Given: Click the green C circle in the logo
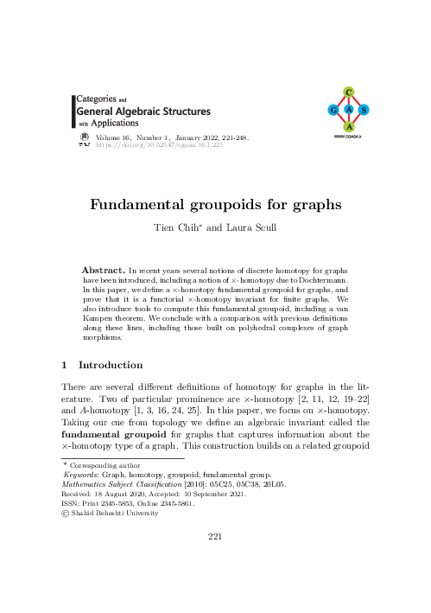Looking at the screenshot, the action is coord(347,92).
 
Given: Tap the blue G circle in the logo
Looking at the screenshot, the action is coord(332,110).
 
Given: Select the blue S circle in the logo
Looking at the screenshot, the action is coord(364,110).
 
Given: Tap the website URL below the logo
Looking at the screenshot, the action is coord(347,137).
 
